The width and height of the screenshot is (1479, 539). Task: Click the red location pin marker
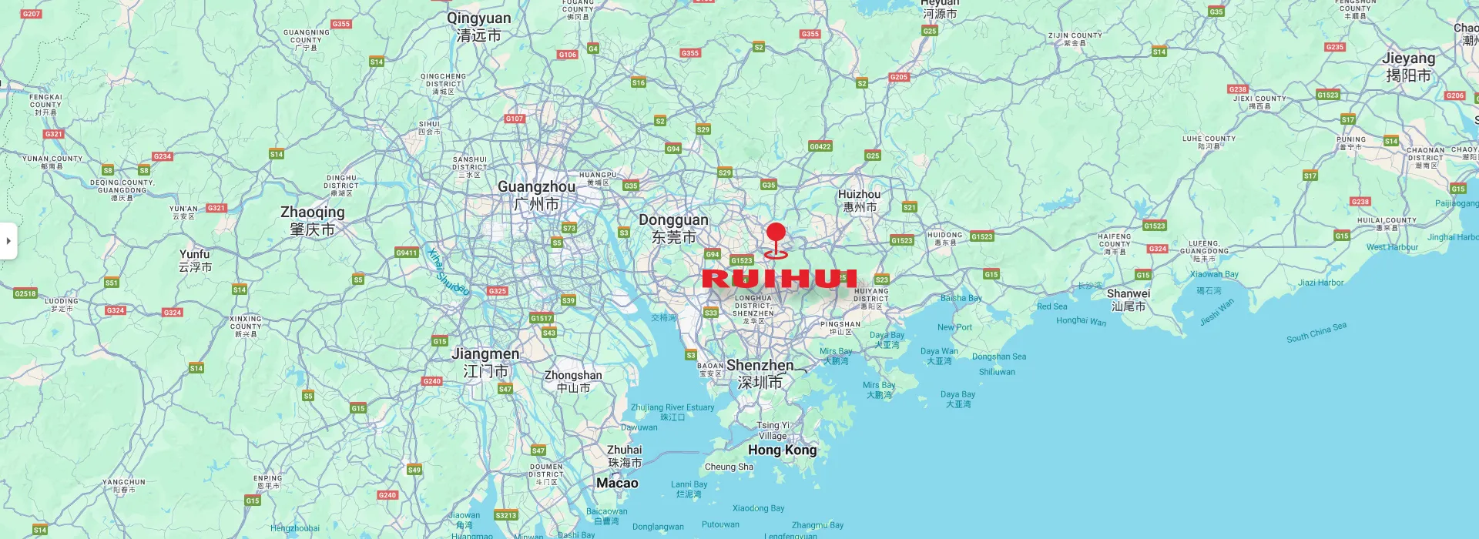tap(776, 234)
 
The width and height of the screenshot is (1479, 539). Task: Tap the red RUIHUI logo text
tap(780, 278)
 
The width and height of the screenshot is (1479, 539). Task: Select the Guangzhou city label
tap(537, 196)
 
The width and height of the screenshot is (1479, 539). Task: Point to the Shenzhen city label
tap(760, 373)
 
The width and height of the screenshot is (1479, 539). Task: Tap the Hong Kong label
tap(782, 450)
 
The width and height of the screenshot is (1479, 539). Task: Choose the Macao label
tap(617, 483)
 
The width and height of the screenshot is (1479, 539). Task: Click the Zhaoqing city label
tap(312, 220)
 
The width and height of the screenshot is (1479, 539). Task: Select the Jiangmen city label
tap(485, 362)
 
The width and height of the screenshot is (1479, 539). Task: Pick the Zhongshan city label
tap(573, 381)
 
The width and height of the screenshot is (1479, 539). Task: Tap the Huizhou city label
tap(859, 200)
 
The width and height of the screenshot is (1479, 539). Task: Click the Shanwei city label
tap(1129, 300)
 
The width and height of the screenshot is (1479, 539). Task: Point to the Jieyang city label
tap(1408, 66)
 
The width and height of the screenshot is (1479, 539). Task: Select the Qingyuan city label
tap(478, 26)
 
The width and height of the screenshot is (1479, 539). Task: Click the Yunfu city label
tap(195, 260)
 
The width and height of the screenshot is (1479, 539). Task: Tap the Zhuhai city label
tap(625, 456)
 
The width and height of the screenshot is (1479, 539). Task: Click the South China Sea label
tap(1316, 332)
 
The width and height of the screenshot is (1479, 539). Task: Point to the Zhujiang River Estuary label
tap(672, 412)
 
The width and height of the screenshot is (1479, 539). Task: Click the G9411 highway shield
tap(406, 253)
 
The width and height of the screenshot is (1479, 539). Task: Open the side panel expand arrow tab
tap(8, 241)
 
